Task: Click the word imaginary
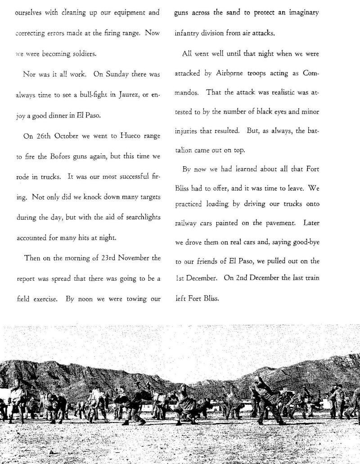[x=303, y=13]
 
